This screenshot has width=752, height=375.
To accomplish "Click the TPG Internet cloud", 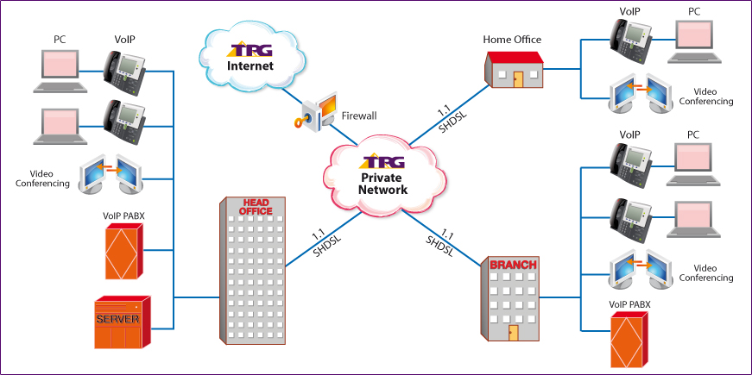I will tap(250, 57).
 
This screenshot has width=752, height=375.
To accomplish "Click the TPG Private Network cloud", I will tap(382, 176).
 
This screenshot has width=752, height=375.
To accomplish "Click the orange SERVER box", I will tap(122, 321).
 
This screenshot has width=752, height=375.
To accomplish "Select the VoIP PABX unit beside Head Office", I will tap(122, 251).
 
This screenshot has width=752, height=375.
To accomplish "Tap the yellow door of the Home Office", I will tap(518, 78).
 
